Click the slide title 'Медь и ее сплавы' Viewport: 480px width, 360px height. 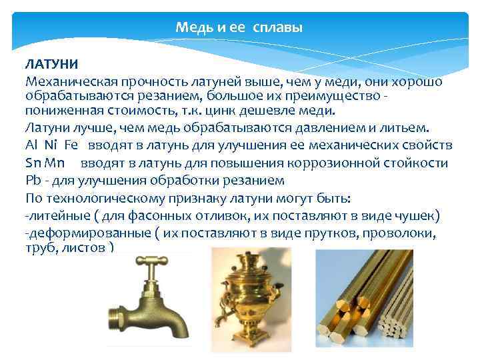[x=239, y=28]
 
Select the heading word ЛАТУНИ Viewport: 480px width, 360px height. [x=52, y=65]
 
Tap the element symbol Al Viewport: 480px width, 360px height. [x=31, y=145]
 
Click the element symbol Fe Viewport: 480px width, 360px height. [x=71, y=145]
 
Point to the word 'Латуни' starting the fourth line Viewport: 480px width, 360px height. [x=46, y=128]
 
